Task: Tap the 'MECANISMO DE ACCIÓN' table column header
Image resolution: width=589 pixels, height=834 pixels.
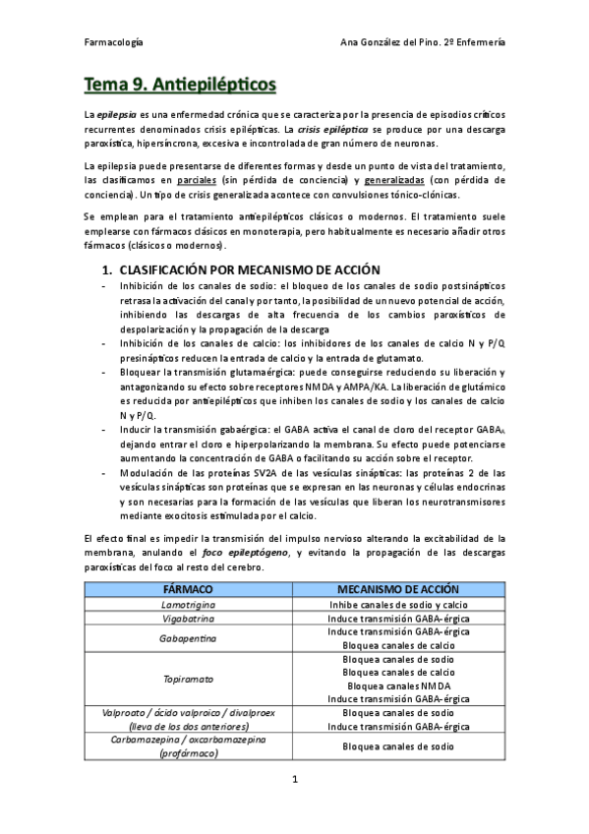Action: click(398, 588)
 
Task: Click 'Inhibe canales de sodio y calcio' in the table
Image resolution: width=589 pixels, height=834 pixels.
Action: click(398, 603)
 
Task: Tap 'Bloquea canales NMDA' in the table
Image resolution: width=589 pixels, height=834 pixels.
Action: click(398, 685)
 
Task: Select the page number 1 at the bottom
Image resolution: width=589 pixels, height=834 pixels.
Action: click(294, 780)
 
